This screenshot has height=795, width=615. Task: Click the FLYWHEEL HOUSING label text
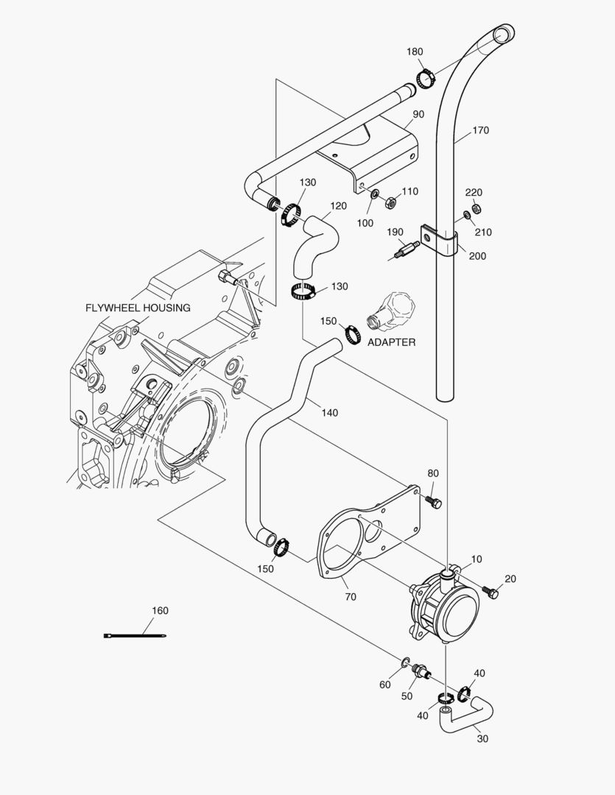coord(138,308)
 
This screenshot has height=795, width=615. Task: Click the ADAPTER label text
coord(391,342)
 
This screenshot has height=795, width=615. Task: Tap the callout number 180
coord(415,52)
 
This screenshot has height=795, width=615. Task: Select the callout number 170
coord(480,130)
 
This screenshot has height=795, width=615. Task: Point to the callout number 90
coord(418,114)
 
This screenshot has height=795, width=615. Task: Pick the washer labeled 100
coord(375,194)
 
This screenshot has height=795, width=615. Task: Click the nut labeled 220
coord(476,208)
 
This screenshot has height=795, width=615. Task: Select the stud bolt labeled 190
coord(401,250)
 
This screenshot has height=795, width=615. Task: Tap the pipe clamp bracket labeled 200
coord(440,239)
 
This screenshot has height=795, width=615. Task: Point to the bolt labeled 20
coord(490,591)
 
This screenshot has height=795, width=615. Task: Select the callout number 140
coord(329,413)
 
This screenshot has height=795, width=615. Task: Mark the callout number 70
coord(350,597)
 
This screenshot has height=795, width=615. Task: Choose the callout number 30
coord(482,738)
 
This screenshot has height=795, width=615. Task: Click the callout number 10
coord(477,559)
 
